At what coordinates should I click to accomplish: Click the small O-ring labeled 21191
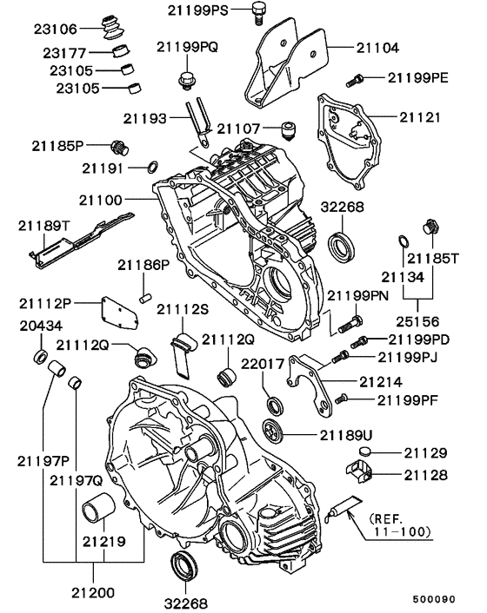[152, 166]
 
